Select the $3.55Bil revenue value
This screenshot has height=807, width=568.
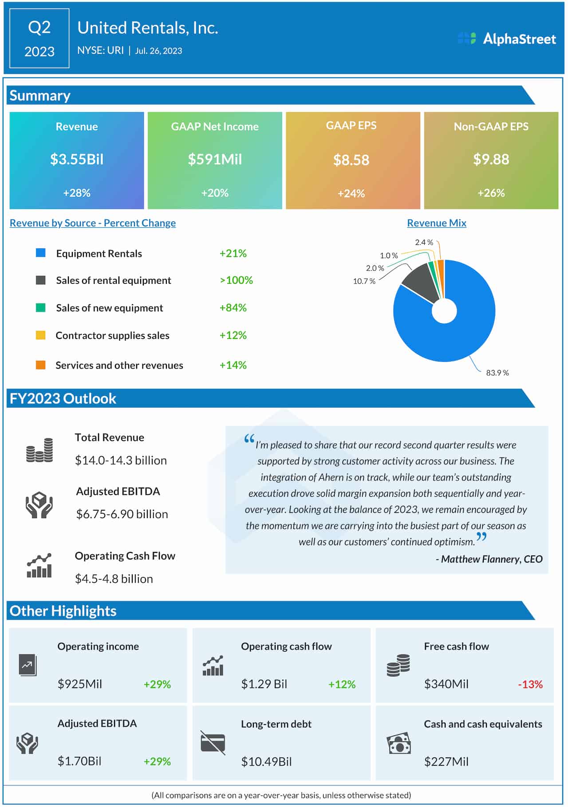pyautogui.click(x=77, y=159)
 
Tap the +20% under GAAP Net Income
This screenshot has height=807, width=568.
pyautogui.click(x=215, y=193)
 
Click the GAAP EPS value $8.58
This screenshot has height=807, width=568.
pyautogui.click(x=351, y=160)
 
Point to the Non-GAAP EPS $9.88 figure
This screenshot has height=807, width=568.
pyautogui.click(x=491, y=159)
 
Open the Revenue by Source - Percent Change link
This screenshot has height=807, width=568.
pyautogui.click(x=93, y=223)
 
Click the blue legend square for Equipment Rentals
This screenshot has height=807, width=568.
pyautogui.click(x=41, y=253)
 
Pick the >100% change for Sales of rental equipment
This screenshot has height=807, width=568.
pyautogui.click(x=236, y=280)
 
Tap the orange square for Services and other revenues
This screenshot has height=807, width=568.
pyautogui.click(x=41, y=365)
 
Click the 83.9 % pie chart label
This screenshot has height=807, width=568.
pyautogui.click(x=497, y=373)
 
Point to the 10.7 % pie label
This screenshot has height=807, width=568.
pyautogui.click(x=364, y=281)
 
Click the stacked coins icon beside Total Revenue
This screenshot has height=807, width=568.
pyautogui.click(x=39, y=450)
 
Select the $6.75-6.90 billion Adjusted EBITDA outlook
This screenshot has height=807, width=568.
pyautogui.click(x=122, y=514)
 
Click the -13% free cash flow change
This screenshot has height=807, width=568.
pyautogui.click(x=530, y=684)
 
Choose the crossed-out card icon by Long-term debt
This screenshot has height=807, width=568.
pyautogui.click(x=213, y=743)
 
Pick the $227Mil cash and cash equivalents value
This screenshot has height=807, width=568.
pyautogui.click(x=446, y=762)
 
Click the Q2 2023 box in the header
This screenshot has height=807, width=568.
pyautogui.click(x=39, y=39)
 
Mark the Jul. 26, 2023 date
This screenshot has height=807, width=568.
pyautogui.click(x=158, y=51)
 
